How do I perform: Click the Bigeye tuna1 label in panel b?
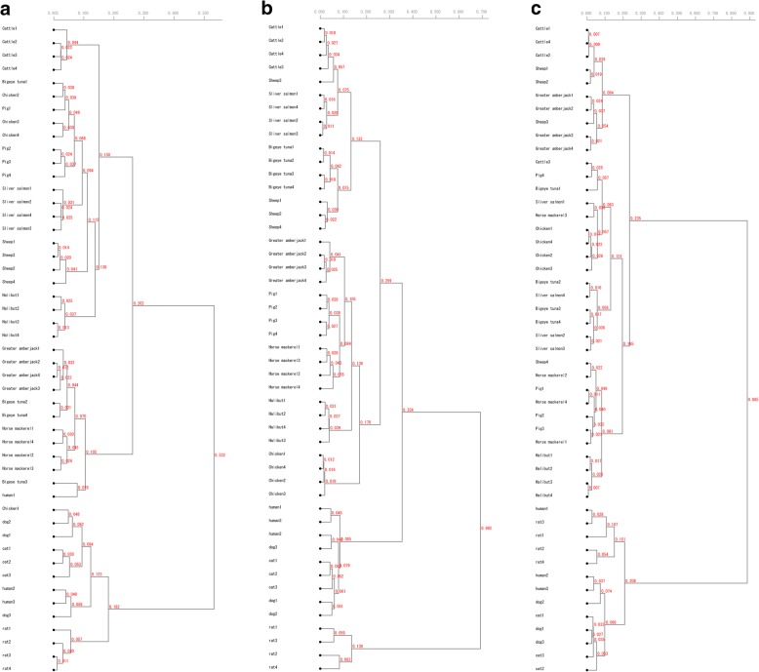click(x=282, y=147)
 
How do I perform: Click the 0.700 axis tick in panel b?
click(x=482, y=13)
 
